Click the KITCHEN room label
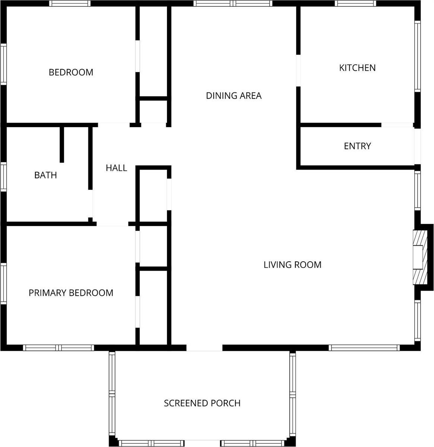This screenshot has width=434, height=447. (357, 68)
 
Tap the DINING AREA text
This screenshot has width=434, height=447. (234, 96)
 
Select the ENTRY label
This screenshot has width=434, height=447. (357, 146)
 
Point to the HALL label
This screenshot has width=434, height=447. (116, 168)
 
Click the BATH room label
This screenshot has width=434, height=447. (45, 175)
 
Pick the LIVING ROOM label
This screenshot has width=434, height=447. (292, 265)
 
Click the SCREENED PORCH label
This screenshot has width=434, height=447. (202, 403)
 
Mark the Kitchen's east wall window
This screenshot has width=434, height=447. (418, 56)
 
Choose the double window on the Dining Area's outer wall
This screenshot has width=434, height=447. (233, 3)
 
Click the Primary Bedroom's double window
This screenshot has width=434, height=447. (59, 348)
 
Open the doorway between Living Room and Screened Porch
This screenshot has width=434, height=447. (204, 348)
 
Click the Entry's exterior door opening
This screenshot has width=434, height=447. (417, 146)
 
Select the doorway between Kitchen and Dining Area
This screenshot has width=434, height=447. (298, 71)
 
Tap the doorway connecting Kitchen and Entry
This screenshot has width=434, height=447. (397, 125)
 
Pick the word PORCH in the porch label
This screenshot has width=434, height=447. (226, 403)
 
